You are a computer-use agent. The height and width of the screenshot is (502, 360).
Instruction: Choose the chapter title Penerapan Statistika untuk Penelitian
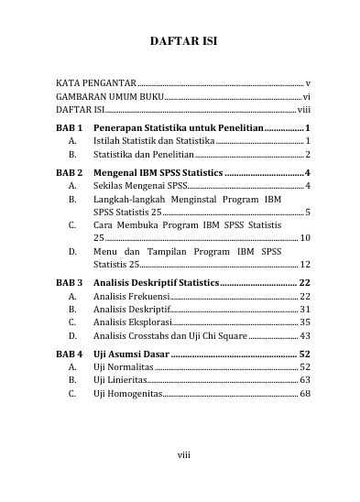[x=178, y=127]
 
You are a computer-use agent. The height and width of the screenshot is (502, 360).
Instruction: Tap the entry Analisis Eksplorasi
[x=133, y=322]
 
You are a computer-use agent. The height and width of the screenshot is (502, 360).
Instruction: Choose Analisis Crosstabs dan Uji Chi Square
[x=169, y=336]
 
